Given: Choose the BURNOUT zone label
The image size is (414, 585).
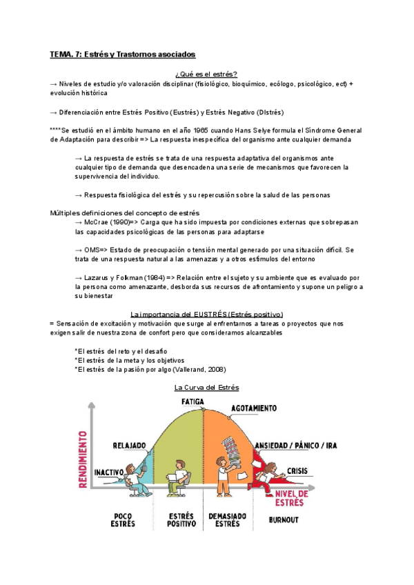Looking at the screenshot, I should (x=283, y=519).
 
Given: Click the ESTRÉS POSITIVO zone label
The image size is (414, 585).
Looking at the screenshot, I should (x=181, y=519).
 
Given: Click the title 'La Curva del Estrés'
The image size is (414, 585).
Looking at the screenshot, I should (x=206, y=388).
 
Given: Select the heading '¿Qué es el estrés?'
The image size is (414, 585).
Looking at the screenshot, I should (x=206, y=74).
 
